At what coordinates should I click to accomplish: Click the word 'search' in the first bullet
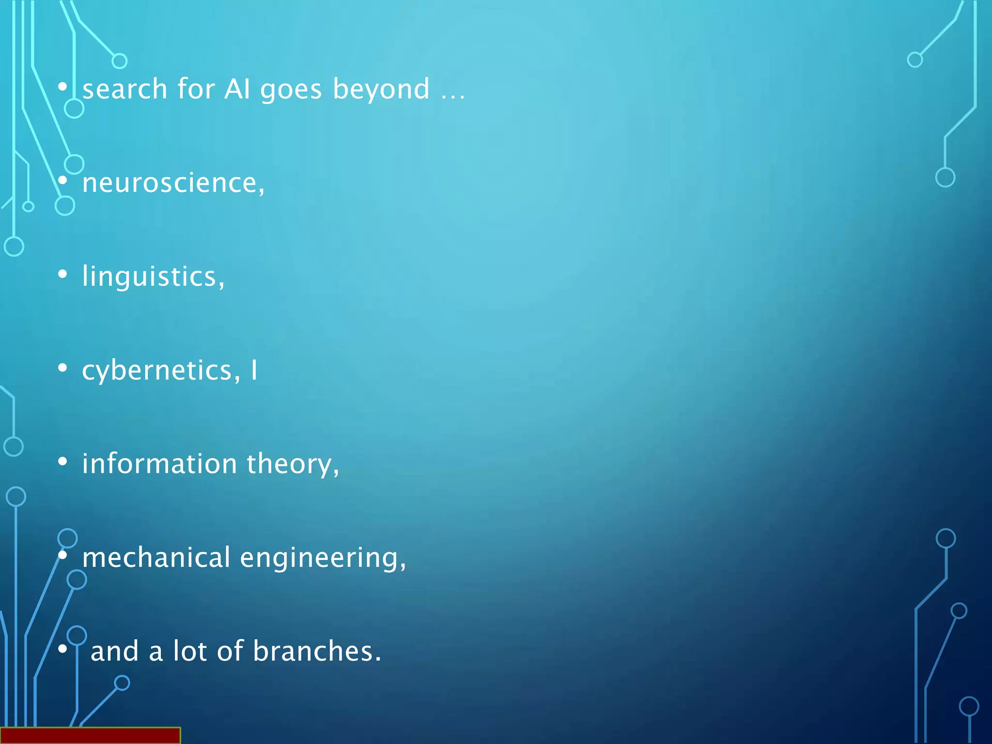click(125, 90)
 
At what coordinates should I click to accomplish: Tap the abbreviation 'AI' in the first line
click(237, 90)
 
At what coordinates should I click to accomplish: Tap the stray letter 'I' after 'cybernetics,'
click(254, 371)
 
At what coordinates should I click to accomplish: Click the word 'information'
click(159, 464)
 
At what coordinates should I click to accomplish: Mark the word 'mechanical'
click(156, 558)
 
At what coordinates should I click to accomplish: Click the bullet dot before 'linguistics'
click(62, 275)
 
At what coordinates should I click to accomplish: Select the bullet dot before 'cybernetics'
click(62, 368)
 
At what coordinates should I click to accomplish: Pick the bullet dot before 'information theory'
click(62, 462)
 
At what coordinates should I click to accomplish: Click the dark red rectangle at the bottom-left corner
click(90, 735)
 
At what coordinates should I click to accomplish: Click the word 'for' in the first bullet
click(196, 90)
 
